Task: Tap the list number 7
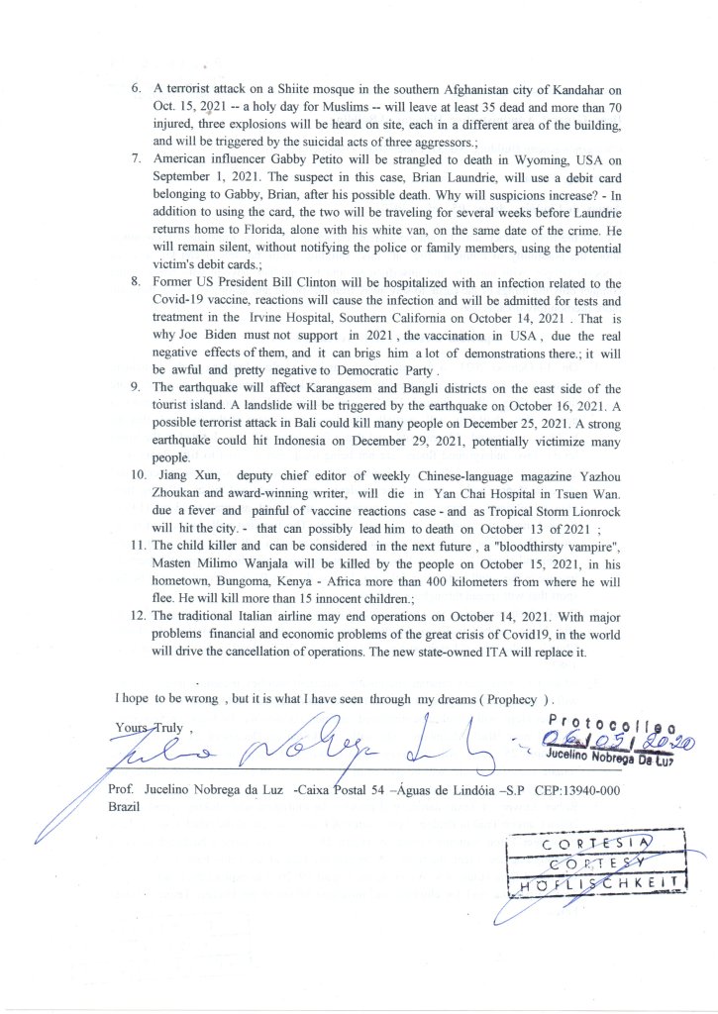137,158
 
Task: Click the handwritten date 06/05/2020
614,738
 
